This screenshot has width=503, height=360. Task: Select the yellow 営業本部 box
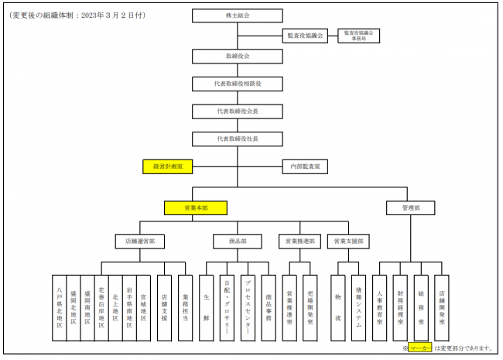(196, 207)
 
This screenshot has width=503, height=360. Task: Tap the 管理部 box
(409, 207)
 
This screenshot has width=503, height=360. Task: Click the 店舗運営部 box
(140, 242)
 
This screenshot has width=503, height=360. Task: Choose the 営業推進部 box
(301, 242)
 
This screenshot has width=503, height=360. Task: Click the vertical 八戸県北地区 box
(60, 308)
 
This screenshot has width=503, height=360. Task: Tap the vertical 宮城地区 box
(144, 308)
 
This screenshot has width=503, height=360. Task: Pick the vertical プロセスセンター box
(248, 308)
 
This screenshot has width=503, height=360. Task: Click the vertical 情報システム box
(358, 308)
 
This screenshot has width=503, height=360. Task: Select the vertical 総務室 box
(420, 308)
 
